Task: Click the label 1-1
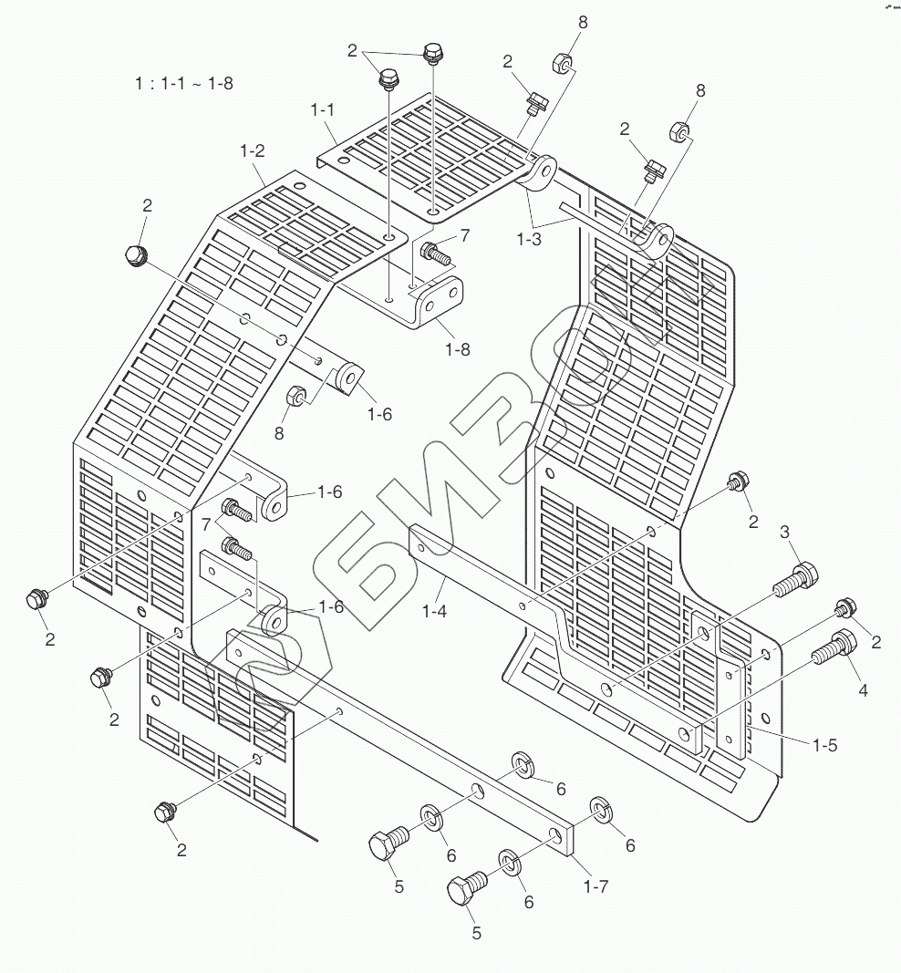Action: point(323,109)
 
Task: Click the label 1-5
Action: point(824,745)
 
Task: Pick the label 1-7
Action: point(596,885)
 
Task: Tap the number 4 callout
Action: point(862,690)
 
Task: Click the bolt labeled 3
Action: point(795,578)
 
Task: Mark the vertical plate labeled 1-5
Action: point(733,693)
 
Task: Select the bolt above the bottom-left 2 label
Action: point(166,810)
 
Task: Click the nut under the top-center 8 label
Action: point(562,64)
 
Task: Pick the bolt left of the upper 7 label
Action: point(437,252)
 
